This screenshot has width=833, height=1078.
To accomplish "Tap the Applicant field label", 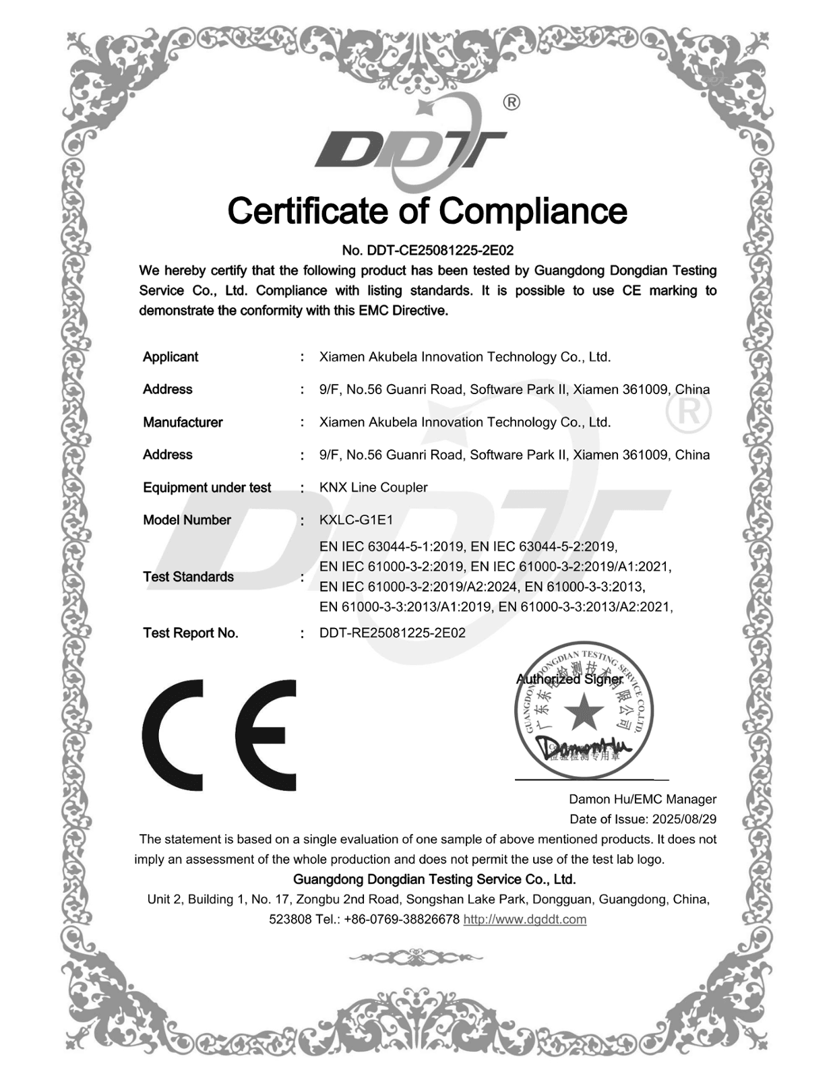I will pyautogui.click(x=171, y=357).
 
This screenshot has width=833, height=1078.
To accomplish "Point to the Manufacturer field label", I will pyautogui.click(x=183, y=422).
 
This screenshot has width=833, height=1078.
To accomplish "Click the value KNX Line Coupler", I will pyautogui.click(x=373, y=487).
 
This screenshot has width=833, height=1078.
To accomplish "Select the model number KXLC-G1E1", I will pyautogui.click(x=356, y=520).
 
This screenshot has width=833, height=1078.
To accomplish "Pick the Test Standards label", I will pyautogui.click(x=188, y=577).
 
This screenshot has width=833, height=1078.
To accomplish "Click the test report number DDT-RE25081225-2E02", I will pyautogui.click(x=392, y=633).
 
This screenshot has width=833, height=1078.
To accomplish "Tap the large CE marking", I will pyautogui.click(x=219, y=734).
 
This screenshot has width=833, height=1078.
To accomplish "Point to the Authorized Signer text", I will pyautogui.click(x=569, y=679).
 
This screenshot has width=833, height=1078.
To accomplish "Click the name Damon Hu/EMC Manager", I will pyautogui.click(x=642, y=800).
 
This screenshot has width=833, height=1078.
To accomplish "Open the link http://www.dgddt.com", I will pyautogui.click(x=524, y=920).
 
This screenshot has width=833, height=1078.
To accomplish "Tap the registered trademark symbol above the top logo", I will pyautogui.click(x=512, y=102).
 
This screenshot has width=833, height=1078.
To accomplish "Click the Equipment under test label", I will pyautogui.click(x=207, y=488).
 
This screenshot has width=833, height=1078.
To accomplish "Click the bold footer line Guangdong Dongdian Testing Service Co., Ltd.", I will pyautogui.click(x=435, y=879).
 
